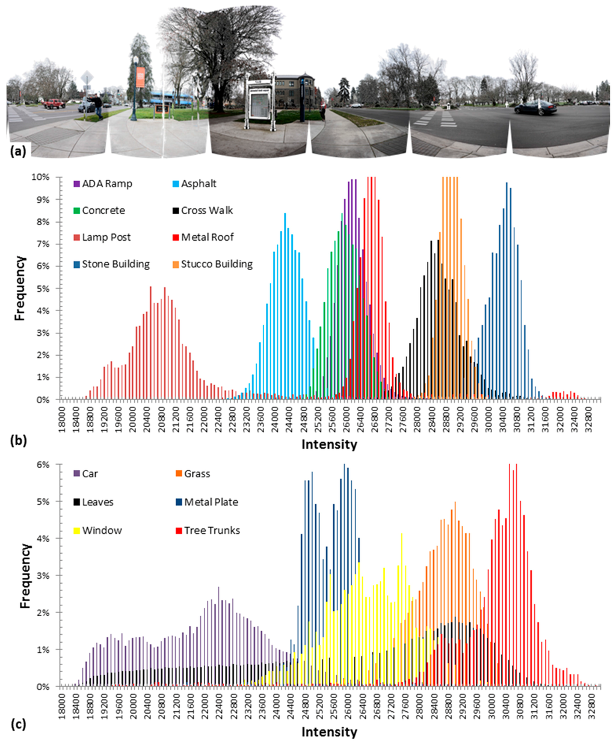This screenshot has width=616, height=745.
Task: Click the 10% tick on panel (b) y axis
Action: coord(48,178)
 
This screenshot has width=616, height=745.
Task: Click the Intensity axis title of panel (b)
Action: coord(329,445)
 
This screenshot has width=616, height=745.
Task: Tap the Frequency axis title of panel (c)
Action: coord(25,575)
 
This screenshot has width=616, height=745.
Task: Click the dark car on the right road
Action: coord(535,108)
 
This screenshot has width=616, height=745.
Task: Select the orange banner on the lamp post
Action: coord(140,77)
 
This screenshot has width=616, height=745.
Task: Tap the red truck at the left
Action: coord(54,104)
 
